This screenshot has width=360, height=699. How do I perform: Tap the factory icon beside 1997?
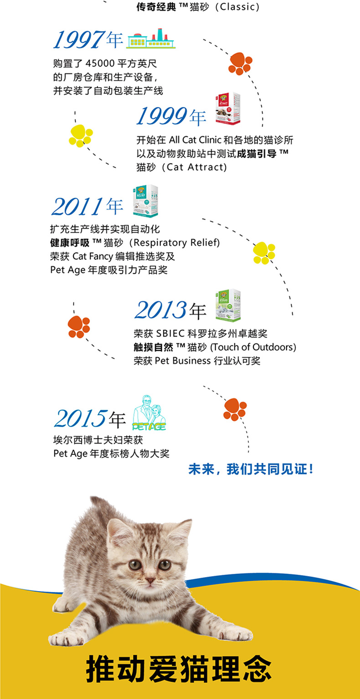coord(151,39)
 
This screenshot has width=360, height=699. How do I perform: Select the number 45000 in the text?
coord(100,63)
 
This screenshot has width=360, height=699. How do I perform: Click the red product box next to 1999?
coord(228,108)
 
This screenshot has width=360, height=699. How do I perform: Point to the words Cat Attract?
coord(197,167)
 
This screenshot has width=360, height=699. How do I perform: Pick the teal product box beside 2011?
coord(145,201)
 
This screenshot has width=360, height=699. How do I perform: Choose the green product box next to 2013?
coord(228,305)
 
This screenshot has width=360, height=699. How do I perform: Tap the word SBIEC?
coord(170,333)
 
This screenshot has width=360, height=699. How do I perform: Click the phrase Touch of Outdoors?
coord(253,347)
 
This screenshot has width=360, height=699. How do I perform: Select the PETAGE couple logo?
coord(149,413)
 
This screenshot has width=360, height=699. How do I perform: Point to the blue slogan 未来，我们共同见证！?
coord(251,469)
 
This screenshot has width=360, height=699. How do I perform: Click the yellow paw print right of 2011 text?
coord(264,253)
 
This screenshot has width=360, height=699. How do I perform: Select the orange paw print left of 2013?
coord(79,327)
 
